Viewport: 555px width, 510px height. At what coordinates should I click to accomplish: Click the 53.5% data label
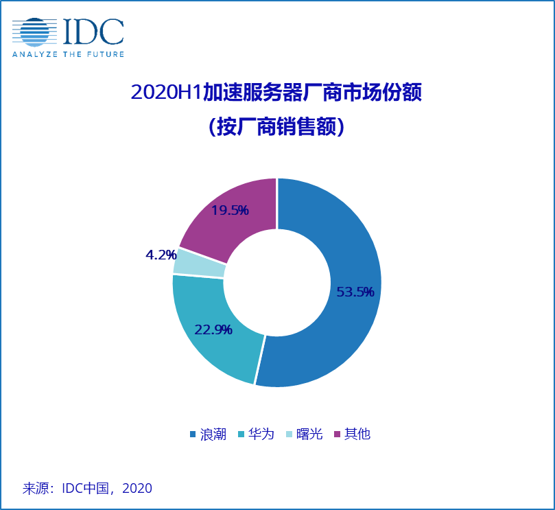tap(355, 292)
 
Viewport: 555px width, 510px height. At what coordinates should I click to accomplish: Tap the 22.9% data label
tap(213, 329)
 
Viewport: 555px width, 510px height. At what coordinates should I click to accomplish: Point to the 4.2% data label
tap(161, 255)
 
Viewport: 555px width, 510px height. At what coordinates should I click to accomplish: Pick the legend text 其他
tap(357, 434)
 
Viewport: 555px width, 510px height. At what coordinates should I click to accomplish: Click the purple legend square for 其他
tap(337, 434)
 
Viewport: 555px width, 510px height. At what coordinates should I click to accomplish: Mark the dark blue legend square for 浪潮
tap(193, 434)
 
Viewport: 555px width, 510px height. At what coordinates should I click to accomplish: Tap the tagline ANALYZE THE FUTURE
tap(68, 54)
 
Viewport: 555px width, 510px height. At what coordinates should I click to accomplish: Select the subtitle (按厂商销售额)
tap(276, 127)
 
